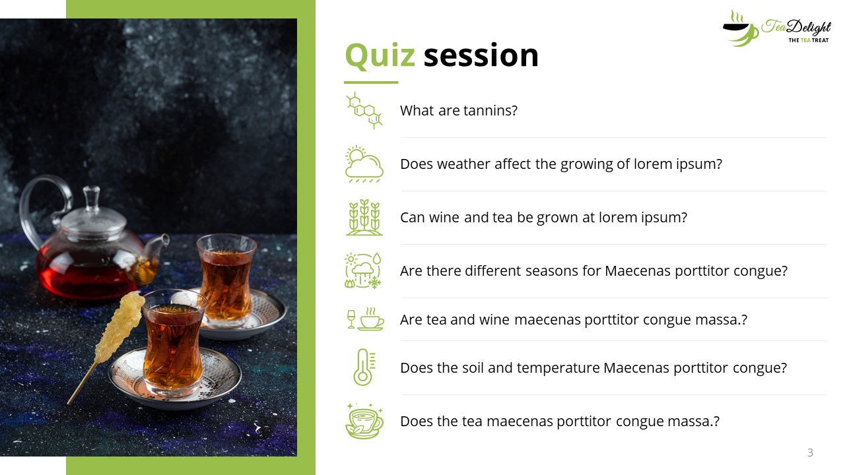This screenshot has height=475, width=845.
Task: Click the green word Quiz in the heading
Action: coord(380,55)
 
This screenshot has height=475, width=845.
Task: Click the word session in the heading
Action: coord(481,55)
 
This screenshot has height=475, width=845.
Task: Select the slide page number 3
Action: coord(810,453)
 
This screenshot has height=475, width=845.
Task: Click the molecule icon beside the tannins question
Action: coord(364,110)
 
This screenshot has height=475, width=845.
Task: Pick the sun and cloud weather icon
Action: coord(364,164)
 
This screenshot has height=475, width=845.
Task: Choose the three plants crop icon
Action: coord(364,218)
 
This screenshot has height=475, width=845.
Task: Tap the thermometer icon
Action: coord(364,367)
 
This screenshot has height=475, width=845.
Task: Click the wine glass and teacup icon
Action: coord(365,319)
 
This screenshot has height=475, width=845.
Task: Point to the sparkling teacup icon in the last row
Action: coord(364,421)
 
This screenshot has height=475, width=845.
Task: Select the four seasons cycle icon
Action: coord(363,270)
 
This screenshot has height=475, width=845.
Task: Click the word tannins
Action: coord(490,110)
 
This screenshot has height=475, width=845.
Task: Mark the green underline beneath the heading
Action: coord(371,82)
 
